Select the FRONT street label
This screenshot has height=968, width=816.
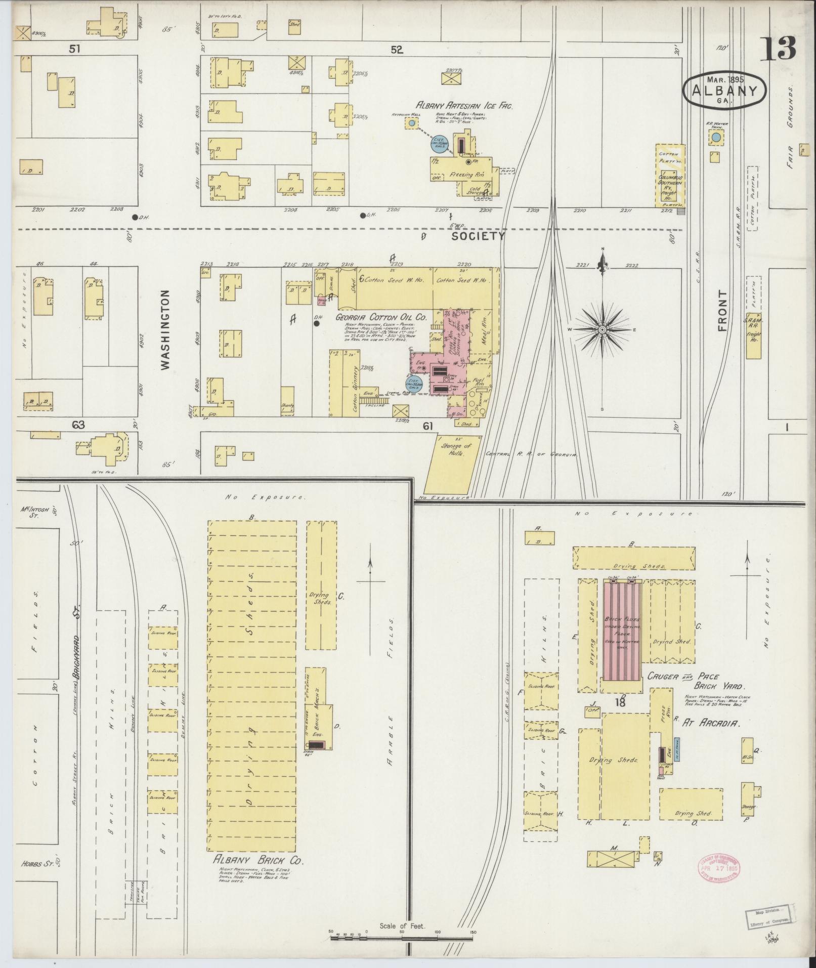(722, 311)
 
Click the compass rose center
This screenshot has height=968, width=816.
(602, 330)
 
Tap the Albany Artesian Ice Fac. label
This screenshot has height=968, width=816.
(464, 106)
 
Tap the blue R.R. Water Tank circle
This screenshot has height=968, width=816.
(716, 137)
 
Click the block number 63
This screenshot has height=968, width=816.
(78, 426)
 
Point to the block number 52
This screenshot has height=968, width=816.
(396, 50)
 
